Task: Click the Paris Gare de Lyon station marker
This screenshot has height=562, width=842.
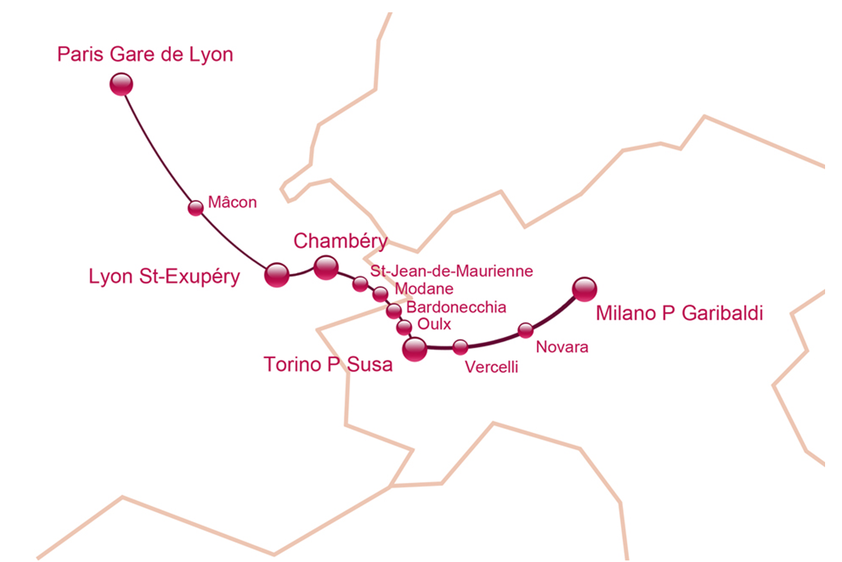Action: (x=121, y=84)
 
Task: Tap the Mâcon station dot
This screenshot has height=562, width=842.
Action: (x=196, y=208)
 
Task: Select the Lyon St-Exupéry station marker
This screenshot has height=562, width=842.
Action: (x=276, y=274)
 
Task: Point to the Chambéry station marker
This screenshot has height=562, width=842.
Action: (x=326, y=268)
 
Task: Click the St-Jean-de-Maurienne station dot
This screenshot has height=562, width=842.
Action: (x=360, y=284)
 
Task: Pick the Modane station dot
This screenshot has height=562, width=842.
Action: (x=380, y=294)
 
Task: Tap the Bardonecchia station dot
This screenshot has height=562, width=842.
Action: (x=394, y=311)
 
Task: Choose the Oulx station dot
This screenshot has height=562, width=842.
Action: (x=404, y=328)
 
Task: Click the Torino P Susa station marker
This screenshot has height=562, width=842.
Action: (x=415, y=349)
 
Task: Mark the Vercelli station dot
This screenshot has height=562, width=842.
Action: (x=460, y=347)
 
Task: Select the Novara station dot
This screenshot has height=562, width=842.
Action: (x=525, y=331)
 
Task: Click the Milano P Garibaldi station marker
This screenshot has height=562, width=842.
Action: (x=585, y=289)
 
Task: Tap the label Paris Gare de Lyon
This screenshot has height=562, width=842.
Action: (x=145, y=55)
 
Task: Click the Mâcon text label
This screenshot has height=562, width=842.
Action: (x=232, y=204)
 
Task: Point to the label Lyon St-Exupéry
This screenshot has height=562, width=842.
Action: (x=165, y=277)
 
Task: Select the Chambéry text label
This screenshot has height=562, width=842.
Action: (x=340, y=241)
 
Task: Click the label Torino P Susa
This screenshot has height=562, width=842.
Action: (x=328, y=364)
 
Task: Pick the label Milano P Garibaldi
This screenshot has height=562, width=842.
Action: (x=679, y=314)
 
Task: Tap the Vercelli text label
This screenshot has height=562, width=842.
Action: (x=492, y=367)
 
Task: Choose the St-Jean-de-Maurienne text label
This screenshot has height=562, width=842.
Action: (x=451, y=271)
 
